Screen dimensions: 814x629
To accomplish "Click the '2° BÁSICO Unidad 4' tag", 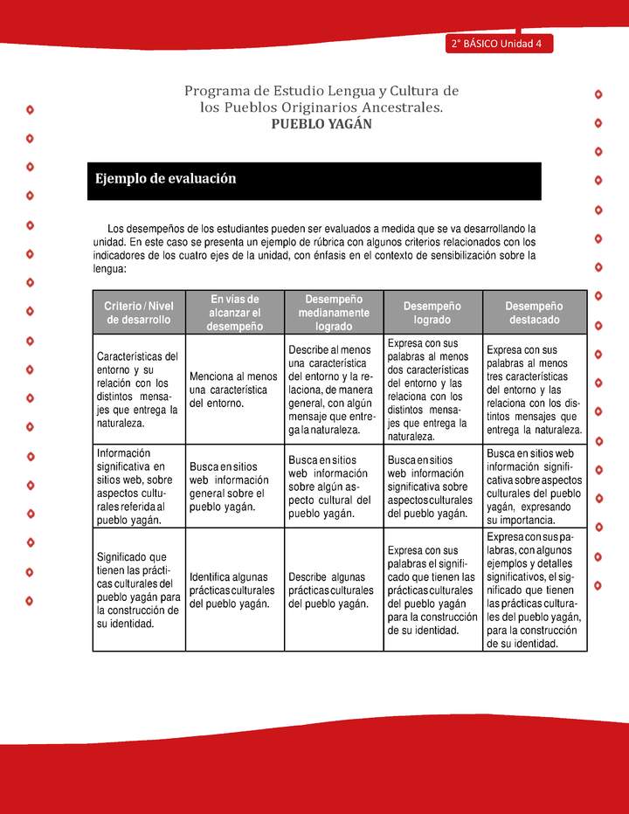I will pos(497,45).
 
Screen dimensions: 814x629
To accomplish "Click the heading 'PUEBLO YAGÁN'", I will pos(321,124).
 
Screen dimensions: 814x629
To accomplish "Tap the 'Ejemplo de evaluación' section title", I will pos(166,179).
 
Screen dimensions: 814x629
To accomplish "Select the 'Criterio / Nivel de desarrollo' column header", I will pos(139,313).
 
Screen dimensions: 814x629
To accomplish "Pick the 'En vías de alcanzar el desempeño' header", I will pos(235,313).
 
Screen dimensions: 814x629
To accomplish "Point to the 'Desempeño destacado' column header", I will pos(533,313).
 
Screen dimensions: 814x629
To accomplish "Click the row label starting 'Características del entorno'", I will pos(137,390).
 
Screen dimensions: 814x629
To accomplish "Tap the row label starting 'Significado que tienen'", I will pos(137,590).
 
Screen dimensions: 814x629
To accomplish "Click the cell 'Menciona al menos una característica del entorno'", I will pos(233,390).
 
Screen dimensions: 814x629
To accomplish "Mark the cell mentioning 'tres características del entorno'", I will pos(533,390).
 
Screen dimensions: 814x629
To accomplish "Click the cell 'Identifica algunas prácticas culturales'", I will pos(233,590).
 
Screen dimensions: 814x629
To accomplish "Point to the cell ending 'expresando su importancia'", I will pos(533,486).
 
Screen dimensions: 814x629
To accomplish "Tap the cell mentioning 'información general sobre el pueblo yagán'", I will pos(233,486).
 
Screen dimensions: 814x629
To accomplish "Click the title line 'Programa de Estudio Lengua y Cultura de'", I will pos(321,91).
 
